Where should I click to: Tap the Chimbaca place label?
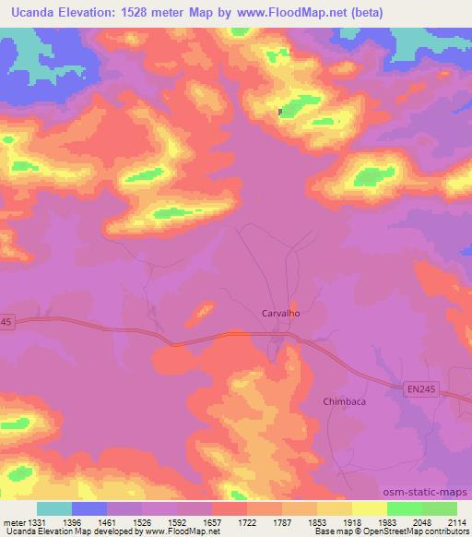tap(345, 400)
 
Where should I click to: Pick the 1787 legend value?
tap(283, 520)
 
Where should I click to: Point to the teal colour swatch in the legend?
tap(54, 508)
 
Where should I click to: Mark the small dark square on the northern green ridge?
tap(281, 113)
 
